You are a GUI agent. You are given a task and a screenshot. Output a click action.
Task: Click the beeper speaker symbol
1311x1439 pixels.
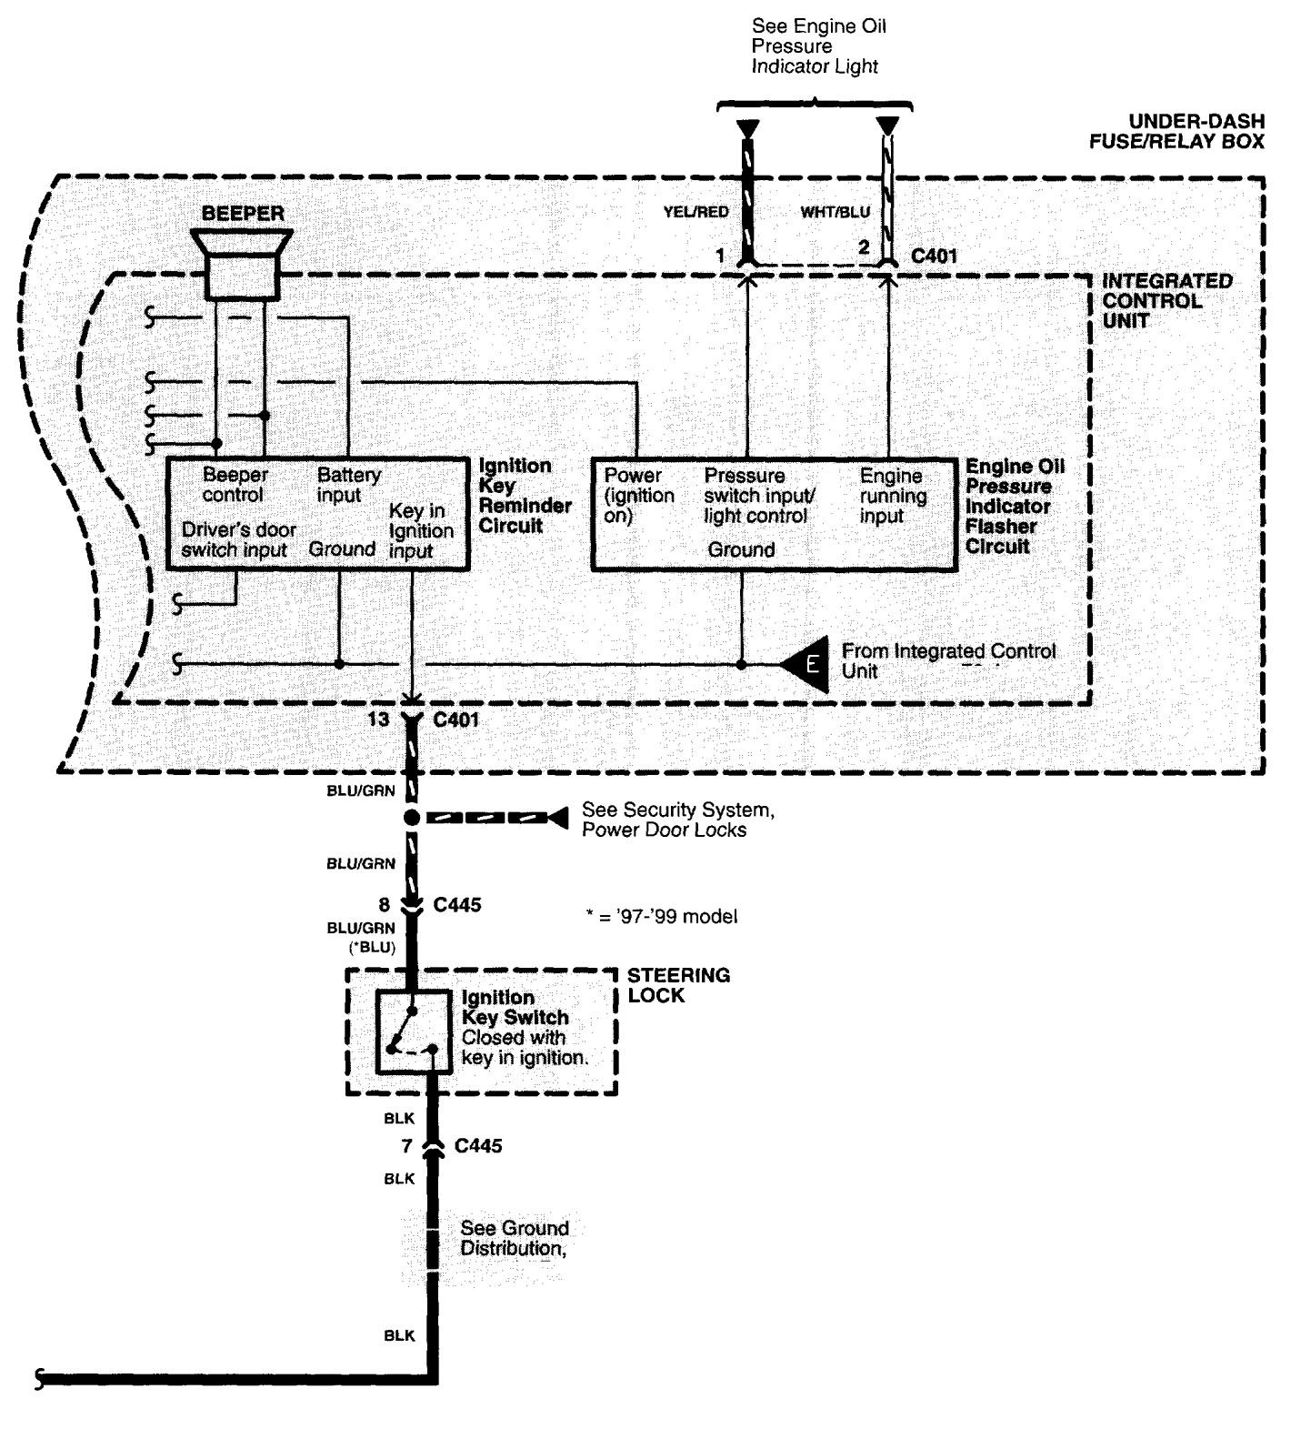click(x=241, y=263)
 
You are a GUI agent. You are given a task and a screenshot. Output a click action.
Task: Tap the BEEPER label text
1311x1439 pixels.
click(x=243, y=214)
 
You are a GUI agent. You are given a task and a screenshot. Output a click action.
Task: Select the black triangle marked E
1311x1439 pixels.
click(x=806, y=664)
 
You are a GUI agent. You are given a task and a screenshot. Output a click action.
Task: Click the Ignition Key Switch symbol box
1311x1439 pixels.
click(x=414, y=1032)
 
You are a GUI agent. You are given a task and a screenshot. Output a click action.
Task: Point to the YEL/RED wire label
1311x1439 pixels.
click(x=696, y=213)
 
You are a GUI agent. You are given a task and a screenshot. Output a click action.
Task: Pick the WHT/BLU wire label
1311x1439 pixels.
click(x=835, y=213)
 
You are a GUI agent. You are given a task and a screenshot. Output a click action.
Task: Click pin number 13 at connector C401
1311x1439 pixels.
click(x=379, y=719)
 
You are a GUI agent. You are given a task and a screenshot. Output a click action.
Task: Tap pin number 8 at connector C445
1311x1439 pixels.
click(x=385, y=905)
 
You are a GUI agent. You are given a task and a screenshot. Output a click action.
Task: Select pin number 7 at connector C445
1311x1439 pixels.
click(x=406, y=1145)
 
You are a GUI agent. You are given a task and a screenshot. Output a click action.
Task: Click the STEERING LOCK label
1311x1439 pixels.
click(x=678, y=985)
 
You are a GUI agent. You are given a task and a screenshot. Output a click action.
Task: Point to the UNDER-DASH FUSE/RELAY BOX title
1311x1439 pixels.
click(x=1176, y=131)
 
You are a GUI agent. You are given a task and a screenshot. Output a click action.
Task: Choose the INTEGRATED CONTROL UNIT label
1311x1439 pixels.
click(x=1166, y=301)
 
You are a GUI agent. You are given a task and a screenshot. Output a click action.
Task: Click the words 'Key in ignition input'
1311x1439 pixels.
click(x=421, y=531)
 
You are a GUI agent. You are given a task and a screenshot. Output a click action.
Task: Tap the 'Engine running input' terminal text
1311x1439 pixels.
click(x=893, y=496)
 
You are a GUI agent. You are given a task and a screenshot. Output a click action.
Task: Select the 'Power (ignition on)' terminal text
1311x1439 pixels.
click(x=639, y=495)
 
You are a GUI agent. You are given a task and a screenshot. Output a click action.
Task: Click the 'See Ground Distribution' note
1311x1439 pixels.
click(x=514, y=1238)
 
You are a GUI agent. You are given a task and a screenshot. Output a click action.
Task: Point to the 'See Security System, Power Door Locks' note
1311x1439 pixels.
click(x=677, y=820)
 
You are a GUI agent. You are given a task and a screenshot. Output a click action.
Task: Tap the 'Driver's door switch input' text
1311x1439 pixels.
click(x=238, y=539)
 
